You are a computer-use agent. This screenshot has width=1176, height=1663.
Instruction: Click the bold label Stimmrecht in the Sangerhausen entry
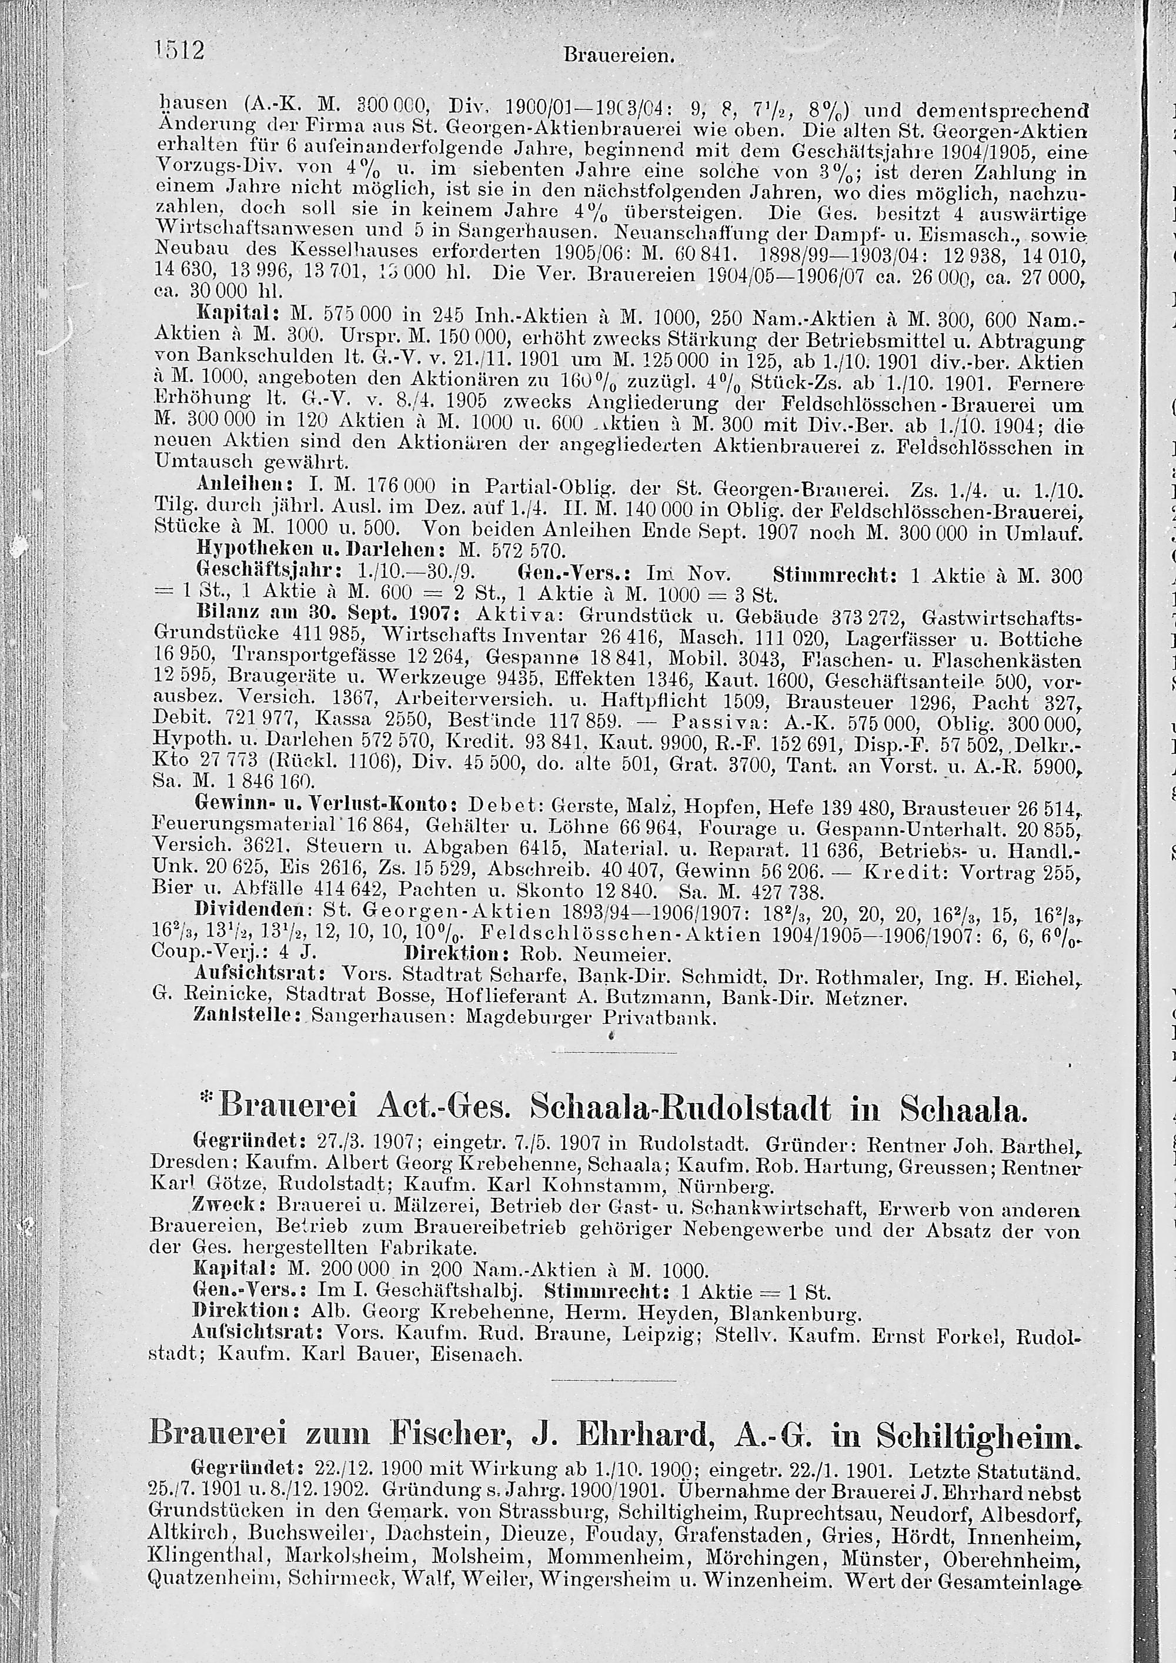(x=834, y=577)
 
